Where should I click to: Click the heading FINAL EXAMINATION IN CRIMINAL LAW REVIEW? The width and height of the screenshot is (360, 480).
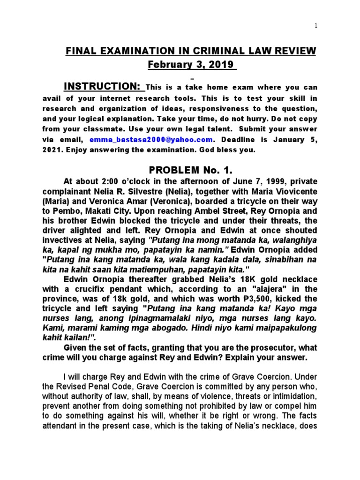[190, 51]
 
